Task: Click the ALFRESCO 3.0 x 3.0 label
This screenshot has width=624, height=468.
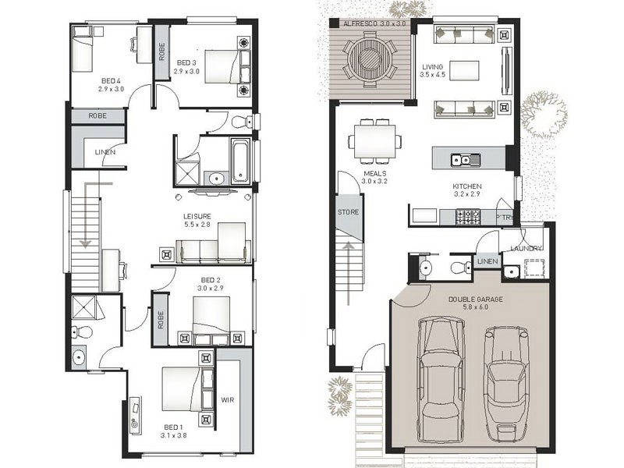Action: (374, 23)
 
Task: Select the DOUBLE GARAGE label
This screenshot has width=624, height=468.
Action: (475, 300)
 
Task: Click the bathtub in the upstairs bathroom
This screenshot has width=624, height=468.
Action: (241, 161)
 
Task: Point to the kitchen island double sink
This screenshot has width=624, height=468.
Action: (466, 160)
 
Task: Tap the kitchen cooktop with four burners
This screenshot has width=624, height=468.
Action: (468, 217)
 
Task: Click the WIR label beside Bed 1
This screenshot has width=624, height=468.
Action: (228, 399)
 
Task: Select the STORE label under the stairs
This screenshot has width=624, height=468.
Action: (348, 212)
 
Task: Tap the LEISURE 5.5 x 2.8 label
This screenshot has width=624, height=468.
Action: (197, 221)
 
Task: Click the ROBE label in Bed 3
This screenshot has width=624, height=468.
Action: (161, 51)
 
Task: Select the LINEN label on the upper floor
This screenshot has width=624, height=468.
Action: (105, 152)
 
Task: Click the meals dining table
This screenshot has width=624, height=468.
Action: (375, 141)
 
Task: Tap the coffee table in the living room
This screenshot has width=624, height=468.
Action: (464, 71)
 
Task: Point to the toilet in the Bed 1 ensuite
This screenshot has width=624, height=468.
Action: (82, 331)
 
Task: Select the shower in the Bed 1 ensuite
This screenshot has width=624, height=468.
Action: (84, 307)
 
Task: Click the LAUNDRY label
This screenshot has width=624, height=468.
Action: (526, 248)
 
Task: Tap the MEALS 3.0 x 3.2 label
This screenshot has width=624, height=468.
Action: (374, 178)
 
